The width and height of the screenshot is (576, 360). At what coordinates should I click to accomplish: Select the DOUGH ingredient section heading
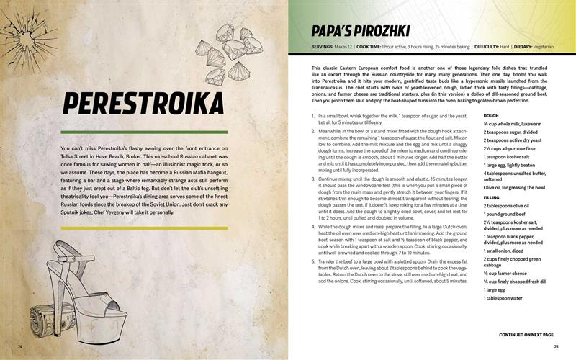click(491, 115)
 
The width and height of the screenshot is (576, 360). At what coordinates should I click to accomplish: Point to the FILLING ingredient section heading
click(492, 197)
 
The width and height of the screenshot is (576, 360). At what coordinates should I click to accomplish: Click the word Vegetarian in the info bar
click(539, 47)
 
